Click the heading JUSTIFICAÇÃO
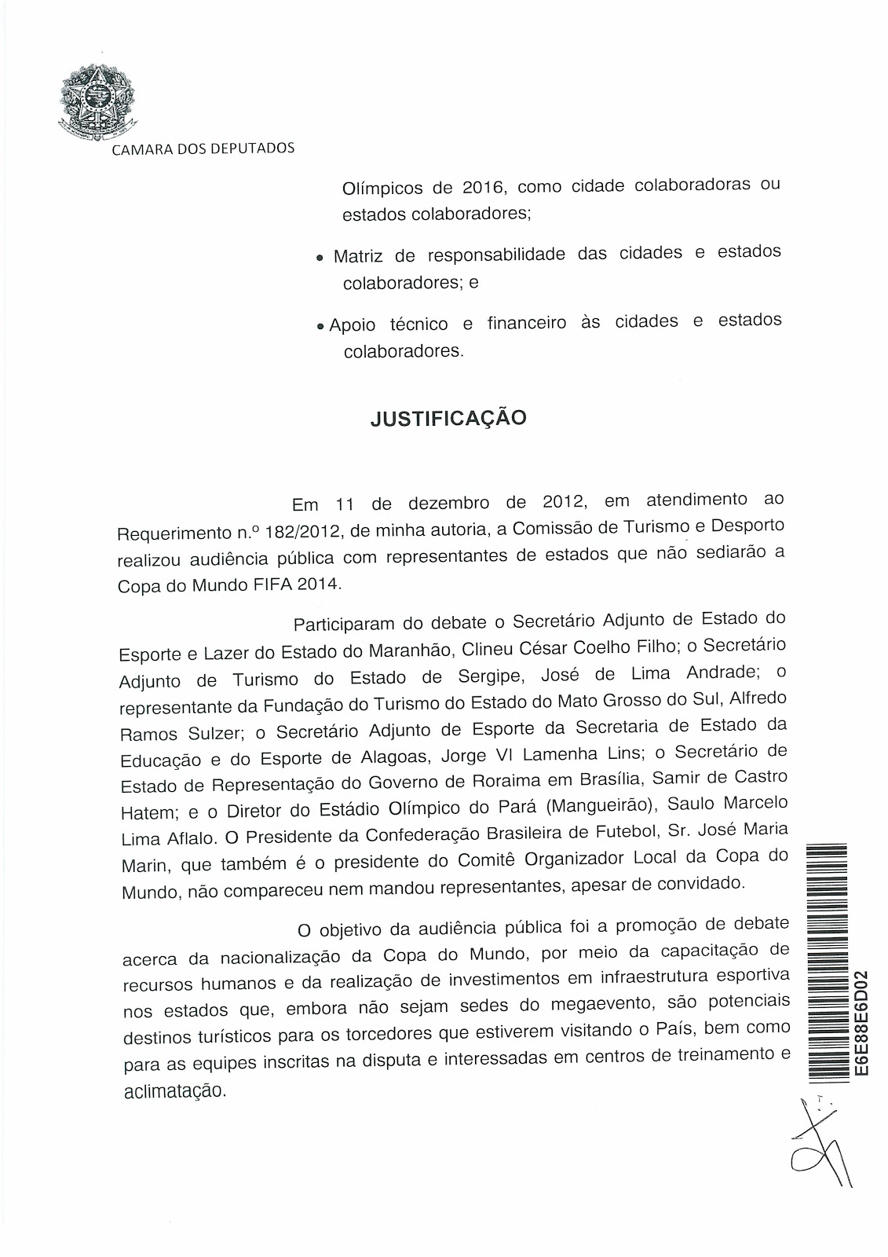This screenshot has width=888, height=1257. pos(448,418)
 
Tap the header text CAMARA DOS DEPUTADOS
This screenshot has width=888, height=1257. pos(203,148)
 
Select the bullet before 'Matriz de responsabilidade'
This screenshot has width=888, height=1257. pos(319,258)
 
